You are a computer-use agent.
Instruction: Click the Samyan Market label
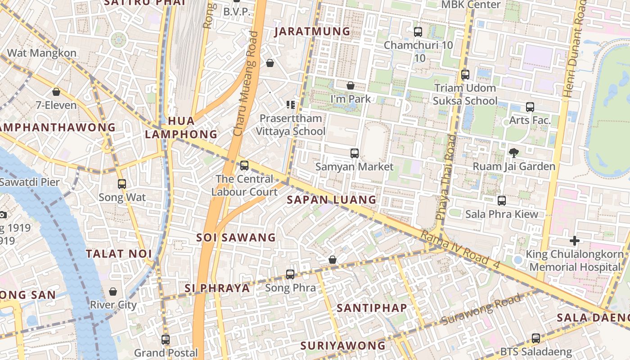(354, 166)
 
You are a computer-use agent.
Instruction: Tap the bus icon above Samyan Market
(355, 153)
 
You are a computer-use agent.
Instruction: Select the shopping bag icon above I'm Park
(351, 85)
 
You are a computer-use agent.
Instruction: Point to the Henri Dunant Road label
(576, 49)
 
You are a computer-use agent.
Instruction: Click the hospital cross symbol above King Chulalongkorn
(574, 241)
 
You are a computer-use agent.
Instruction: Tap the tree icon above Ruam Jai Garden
(513, 153)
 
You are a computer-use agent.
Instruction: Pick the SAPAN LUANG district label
(331, 199)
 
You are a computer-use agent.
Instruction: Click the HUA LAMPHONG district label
(181, 128)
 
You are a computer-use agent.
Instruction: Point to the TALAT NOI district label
(119, 253)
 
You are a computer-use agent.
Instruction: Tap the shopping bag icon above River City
(113, 292)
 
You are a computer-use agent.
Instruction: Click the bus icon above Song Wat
(122, 184)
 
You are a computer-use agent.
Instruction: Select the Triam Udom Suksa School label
(465, 94)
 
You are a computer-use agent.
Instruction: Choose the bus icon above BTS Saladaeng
(535, 338)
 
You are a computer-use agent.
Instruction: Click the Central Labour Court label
(244, 185)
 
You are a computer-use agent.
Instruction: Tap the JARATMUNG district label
(312, 31)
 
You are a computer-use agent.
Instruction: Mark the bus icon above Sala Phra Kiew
(501, 201)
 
